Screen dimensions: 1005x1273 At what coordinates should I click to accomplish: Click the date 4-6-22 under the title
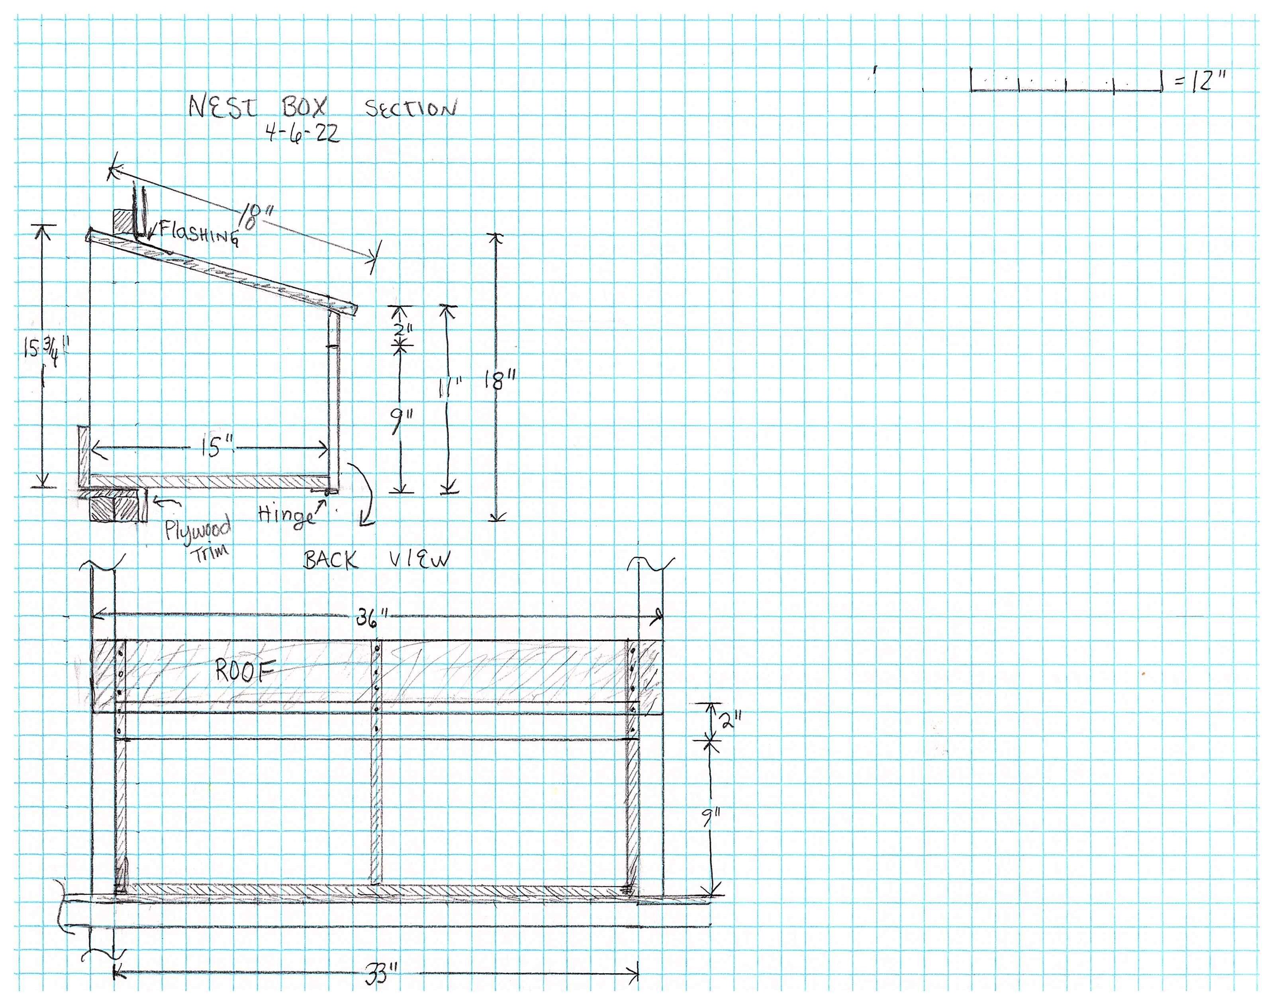click(302, 134)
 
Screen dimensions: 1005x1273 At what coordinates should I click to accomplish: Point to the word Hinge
click(286, 515)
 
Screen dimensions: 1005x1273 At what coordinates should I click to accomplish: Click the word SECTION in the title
click(410, 108)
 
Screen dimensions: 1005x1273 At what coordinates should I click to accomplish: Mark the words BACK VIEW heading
click(376, 560)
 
